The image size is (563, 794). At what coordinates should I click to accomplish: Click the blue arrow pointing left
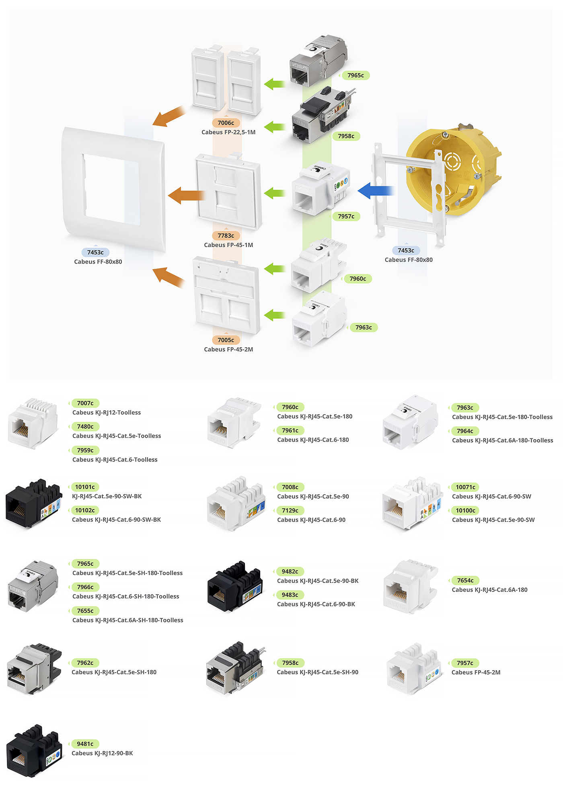(375, 191)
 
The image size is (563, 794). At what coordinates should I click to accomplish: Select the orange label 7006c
(226, 123)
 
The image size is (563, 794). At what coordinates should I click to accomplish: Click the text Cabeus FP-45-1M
(228, 245)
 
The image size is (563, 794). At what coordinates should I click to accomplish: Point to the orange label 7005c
(226, 340)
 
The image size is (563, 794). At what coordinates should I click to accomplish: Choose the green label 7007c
(85, 403)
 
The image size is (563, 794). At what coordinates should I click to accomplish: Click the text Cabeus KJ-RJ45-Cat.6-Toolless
(115, 460)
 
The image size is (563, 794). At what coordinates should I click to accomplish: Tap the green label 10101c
(85, 487)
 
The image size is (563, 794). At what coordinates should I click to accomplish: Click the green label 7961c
(290, 430)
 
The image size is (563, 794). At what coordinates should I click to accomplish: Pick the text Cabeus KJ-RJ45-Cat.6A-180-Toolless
(503, 440)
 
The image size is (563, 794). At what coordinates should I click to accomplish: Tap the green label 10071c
(465, 487)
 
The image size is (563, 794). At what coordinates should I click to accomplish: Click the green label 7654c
(465, 580)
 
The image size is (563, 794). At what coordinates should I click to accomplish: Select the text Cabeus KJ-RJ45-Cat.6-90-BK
(316, 604)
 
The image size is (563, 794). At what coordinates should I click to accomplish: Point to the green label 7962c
(85, 663)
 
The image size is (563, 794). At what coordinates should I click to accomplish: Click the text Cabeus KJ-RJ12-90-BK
(102, 753)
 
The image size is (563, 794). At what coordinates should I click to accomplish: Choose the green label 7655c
(85, 611)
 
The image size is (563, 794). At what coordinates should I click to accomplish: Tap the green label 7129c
(290, 510)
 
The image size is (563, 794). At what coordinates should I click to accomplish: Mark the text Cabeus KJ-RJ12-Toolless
(107, 413)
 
